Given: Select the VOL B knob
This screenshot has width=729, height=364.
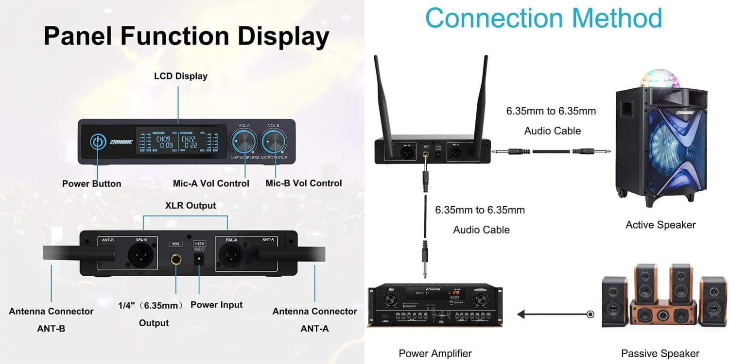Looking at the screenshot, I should pyautogui.click(x=274, y=142).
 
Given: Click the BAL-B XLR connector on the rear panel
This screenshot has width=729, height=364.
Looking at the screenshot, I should pyautogui.click(x=140, y=254).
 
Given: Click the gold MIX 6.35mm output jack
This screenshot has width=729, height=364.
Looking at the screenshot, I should pyautogui.click(x=175, y=260).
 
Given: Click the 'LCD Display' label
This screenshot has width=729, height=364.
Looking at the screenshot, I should pyautogui.click(x=181, y=76).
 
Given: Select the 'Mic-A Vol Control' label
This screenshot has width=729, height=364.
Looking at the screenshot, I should pyautogui.click(x=211, y=183).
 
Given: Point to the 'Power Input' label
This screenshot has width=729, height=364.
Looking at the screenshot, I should pyautogui.click(x=216, y=305).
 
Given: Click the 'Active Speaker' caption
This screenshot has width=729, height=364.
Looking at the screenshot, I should pyautogui.click(x=660, y=225).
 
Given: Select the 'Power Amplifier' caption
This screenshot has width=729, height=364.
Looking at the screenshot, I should pyautogui.click(x=435, y=353).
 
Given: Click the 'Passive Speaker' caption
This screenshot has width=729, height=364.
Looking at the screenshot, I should pyautogui.click(x=660, y=353).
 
